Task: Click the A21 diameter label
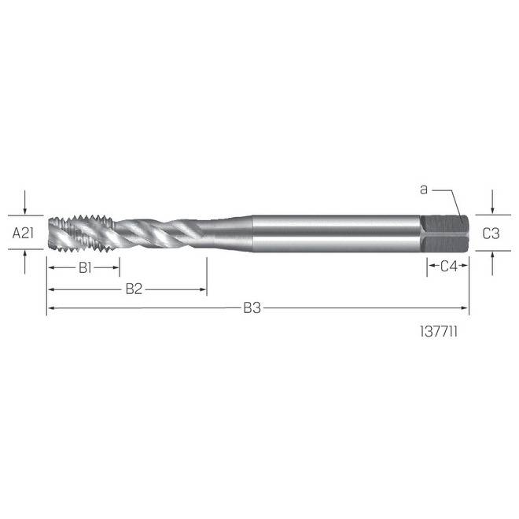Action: point(24,234)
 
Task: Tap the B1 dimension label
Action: point(85,267)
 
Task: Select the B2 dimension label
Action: point(134,289)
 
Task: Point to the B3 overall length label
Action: point(252,308)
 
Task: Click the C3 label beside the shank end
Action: point(491,234)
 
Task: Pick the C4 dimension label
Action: point(448,267)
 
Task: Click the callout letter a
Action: point(424,190)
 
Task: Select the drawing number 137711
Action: point(440,333)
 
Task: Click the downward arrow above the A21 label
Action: point(26,210)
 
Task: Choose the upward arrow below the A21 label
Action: point(26,254)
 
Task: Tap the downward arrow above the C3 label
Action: point(491,210)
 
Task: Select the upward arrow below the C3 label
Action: point(491,255)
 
